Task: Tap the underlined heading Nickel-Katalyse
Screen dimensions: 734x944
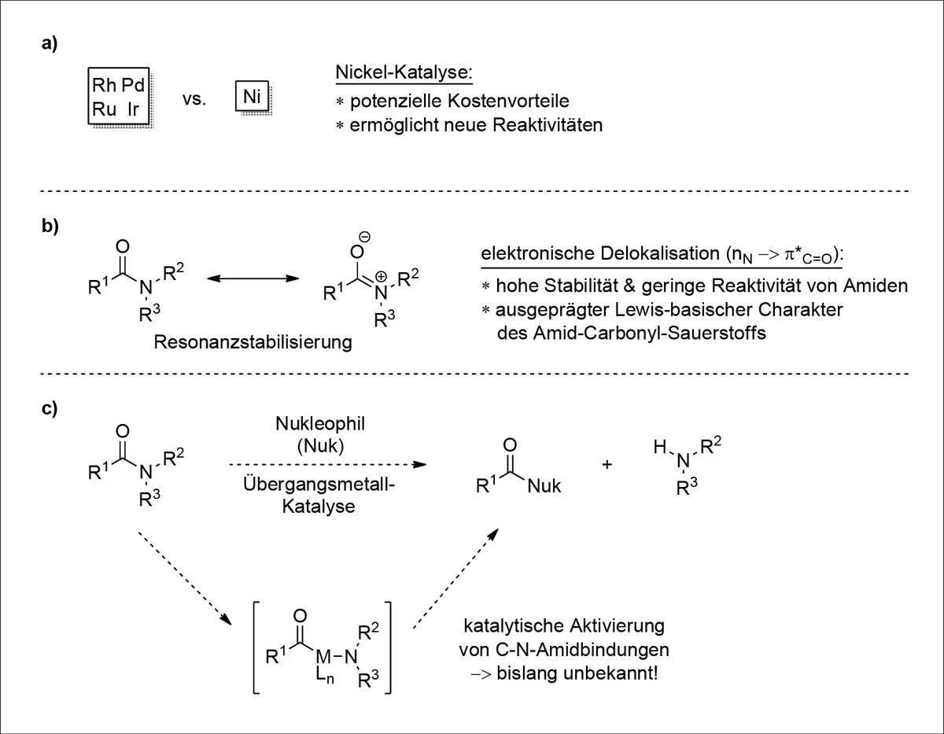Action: [x=404, y=73]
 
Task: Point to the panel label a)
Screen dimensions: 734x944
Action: [x=50, y=45]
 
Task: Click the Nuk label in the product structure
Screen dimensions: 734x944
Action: [x=544, y=486]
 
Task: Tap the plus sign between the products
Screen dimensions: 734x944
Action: [x=607, y=464]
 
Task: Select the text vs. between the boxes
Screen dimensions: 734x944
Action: [x=193, y=101]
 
